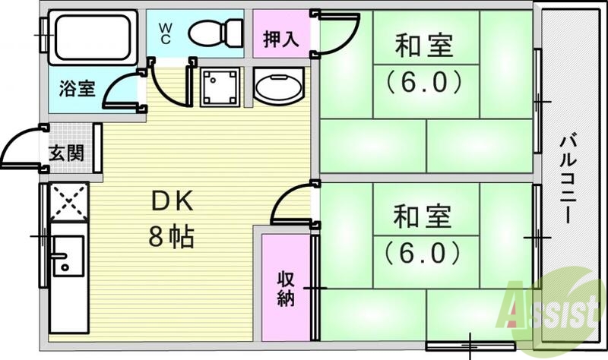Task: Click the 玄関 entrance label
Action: (x=67, y=153)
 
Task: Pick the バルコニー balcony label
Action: (x=568, y=178)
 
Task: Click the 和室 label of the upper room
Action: (x=423, y=47)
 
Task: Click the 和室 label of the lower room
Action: (x=423, y=216)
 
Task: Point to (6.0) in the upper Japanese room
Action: (x=423, y=81)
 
